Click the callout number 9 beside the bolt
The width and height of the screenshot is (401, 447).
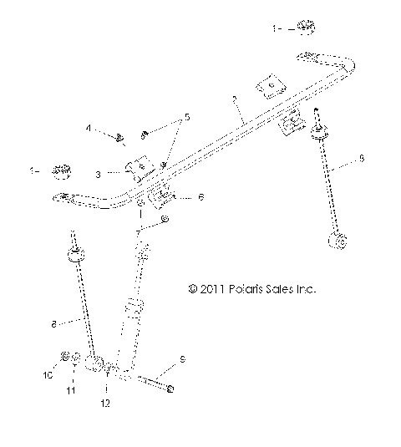(x=181, y=362)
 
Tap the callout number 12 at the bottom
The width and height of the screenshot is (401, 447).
(x=106, y=404)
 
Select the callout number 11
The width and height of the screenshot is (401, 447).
(x=73, y=389)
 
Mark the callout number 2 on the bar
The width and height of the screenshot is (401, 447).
(x=236, y=99)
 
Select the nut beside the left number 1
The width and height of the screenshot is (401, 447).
(x=59, y=171)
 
